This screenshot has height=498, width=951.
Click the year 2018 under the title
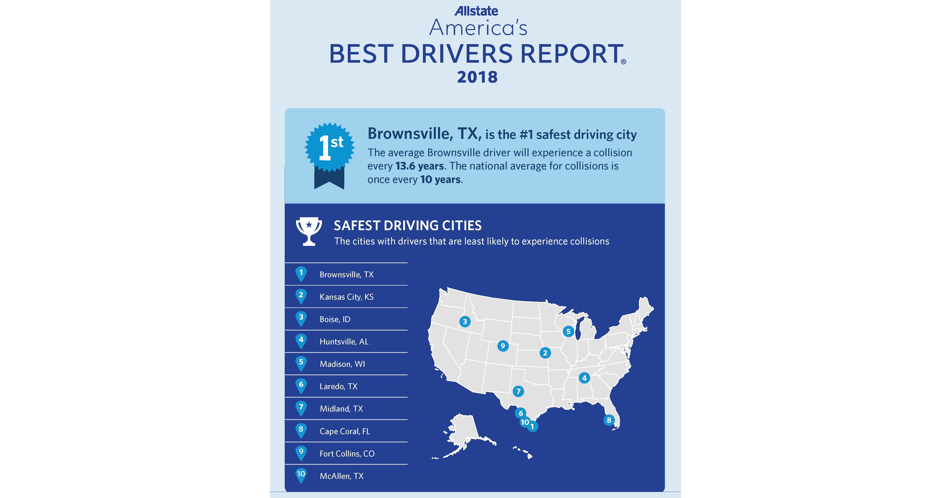(x=477, y=77)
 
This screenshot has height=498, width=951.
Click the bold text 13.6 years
(x=419, y=166)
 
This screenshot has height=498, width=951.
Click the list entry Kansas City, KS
(x=346, y=297)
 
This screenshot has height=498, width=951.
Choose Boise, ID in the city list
(x=335, y=319)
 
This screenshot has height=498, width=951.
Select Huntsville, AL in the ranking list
(x=344, y=341)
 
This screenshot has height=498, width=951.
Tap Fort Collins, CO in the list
(x=347, y=454)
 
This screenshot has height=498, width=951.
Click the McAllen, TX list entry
(x=342, y=476)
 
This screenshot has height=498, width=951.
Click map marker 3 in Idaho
(x=465, y=321)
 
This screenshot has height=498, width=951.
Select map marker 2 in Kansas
(x=545, y=353)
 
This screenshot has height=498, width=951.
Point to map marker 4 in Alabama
(x=584, y=378)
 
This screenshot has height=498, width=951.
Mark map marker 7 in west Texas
(x=518, y=391)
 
